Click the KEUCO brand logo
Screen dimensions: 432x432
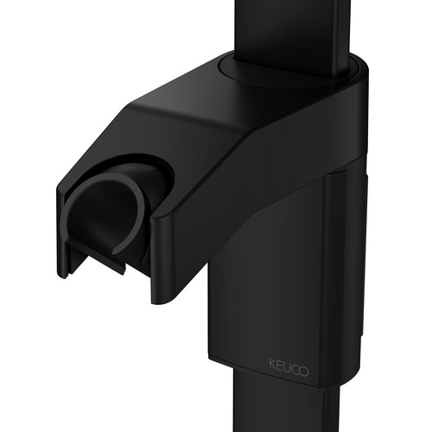coord(289,367)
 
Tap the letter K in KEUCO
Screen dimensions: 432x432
coord(272,364)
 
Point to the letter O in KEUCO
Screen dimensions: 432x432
coord(304,372)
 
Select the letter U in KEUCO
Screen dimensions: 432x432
coord(288,367)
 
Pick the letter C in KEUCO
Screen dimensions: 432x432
coord(295,369)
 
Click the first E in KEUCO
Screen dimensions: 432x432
coord(280,365)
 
